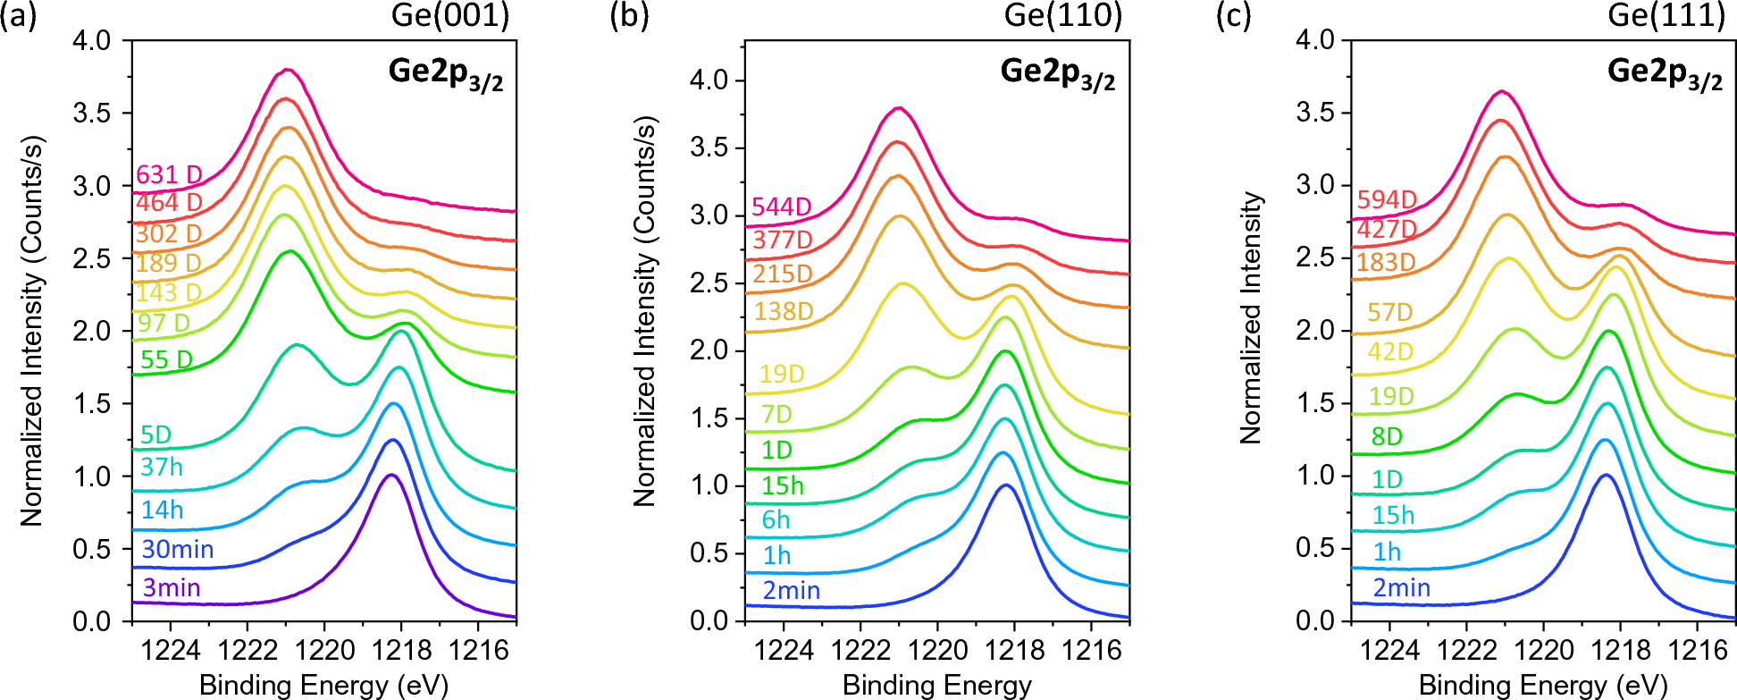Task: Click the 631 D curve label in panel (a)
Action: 169,174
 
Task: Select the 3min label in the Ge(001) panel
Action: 172,587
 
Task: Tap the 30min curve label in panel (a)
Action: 178,549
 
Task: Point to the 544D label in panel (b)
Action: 782,207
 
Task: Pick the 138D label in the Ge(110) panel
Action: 784,311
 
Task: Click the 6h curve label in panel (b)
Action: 776,519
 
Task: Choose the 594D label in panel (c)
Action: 1387,199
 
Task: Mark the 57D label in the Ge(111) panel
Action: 1389,312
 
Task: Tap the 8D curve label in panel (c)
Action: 1387,436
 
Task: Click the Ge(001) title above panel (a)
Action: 450,15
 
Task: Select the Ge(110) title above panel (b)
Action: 1063,15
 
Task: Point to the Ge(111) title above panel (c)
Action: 1666,15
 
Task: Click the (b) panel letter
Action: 628,15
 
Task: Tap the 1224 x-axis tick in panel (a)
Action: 171,650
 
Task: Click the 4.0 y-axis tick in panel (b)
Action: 709,80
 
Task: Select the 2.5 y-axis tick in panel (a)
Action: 92,258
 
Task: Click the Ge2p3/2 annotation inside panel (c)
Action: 1665,72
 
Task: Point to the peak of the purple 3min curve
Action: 390,475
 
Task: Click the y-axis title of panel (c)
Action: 1251,317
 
